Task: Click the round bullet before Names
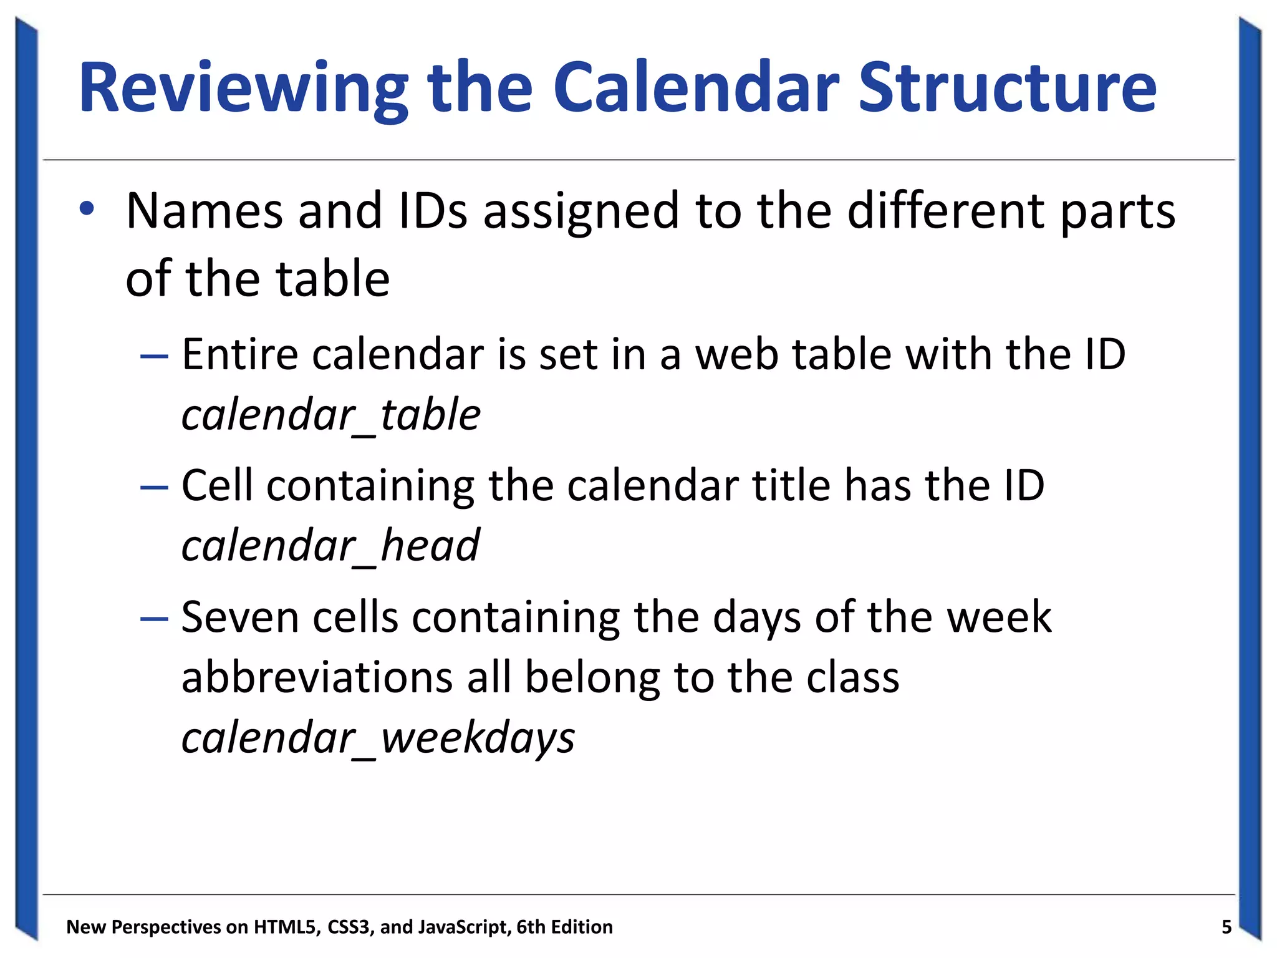[x=87, y=209]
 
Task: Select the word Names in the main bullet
[x=202, y=211]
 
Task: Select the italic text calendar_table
[x=330, y=414]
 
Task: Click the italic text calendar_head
[x=330, y=545]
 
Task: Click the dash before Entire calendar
[x=154, y=356]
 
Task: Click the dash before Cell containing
[x=154, y=487]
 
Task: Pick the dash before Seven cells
[x=154, y=618]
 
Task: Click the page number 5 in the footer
[x=1226, y=927]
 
